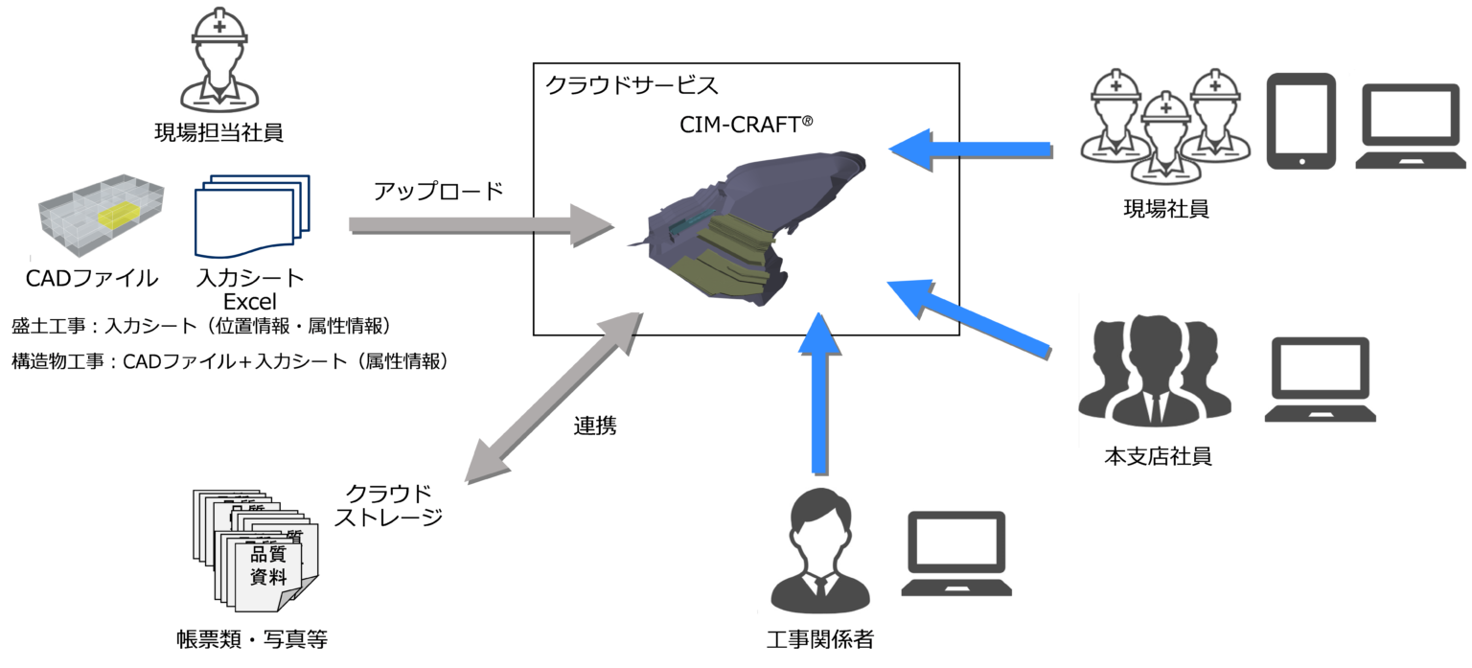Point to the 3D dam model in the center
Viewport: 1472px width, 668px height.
pyautogui.click(x=748, y=228)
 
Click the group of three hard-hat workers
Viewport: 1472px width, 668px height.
pyautogui.click(x=1162, y=124)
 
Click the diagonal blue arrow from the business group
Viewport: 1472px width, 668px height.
pyautogui.click(x=968, y=317)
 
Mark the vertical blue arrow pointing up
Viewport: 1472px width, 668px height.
pyautogui.click(x=817, y=392)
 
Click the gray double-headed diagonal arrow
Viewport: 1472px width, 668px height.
pyautogui.click(x=546, y=398)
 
